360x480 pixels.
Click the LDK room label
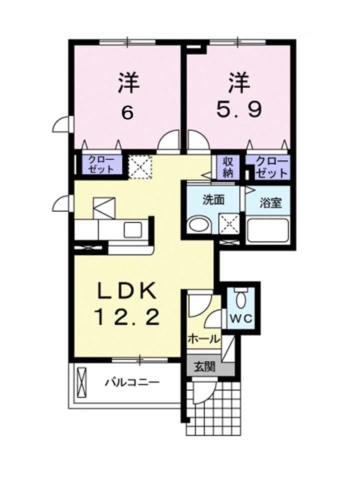[x=127, y=291]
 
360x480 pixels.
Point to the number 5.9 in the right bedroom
[x=239, y=109]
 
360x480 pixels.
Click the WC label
[x=241, y=318]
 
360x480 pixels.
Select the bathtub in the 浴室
[x=267, y=230]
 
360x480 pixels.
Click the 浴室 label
[x=270, y=202]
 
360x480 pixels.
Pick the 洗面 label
[x=213, y=199]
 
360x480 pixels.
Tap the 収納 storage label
[x=228, y=167]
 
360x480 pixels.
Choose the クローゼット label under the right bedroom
[x=271, y=167]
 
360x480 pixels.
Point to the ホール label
[x=204, y=339]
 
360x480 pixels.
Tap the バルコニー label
[x=132, y=382]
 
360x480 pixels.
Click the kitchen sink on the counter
[x=132, y=230]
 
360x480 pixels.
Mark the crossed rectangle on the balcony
[x=82, y=382]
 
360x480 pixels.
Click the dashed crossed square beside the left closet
[x=140, y=167]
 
